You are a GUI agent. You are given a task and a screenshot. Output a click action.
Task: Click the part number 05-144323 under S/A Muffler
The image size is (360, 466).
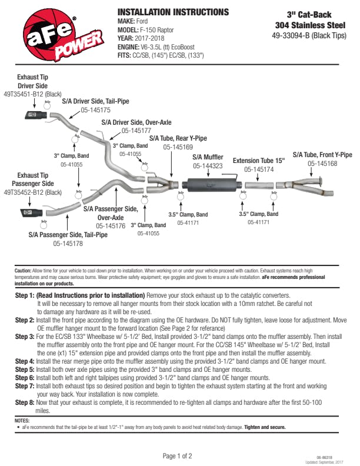(207, 166)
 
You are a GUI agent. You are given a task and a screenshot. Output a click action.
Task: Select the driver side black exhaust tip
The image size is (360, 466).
(36, 114)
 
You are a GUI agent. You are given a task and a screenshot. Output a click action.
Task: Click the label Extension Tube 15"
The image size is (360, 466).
(258, 160)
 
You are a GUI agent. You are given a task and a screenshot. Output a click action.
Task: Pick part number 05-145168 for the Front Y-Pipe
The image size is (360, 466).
(322, 164)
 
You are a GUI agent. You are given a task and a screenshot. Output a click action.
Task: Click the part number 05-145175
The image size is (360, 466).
(95, 110)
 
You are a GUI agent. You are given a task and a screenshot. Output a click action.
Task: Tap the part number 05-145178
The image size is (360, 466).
(68, 243)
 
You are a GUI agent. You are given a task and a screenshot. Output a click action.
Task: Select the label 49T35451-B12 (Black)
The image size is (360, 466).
(32, 94)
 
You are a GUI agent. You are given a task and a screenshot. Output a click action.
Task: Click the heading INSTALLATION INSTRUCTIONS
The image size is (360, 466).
(173, 12)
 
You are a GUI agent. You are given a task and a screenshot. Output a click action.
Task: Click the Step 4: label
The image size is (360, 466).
(25, 360)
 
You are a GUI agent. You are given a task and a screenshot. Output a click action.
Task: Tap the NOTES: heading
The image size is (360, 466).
(22, 421)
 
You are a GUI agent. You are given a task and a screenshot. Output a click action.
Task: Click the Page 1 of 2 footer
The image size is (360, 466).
(177, 456)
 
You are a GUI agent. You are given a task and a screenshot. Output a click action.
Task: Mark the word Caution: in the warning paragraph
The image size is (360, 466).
(22, 271)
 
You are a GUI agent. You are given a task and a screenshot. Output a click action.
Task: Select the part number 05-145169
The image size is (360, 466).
(178, 147)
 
